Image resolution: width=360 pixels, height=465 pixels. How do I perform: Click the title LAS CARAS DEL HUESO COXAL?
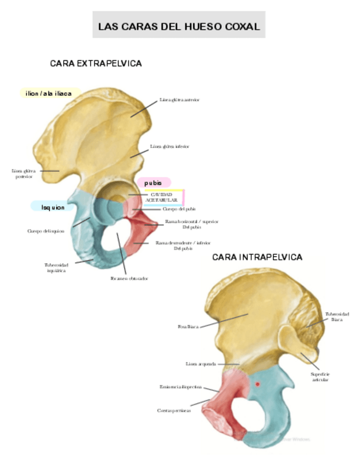click(x=178, y=26)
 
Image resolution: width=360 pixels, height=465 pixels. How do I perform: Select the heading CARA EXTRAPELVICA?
click(x=96, y=64)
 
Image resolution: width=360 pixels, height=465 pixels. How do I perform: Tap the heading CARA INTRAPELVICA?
click(x=257, y=257)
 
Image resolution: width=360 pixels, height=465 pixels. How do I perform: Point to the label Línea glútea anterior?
click(x=179, y=100)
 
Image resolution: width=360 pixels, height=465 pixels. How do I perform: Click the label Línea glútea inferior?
click(x=170, y=147)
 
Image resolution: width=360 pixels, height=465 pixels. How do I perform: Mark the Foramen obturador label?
click(x=130, y=279)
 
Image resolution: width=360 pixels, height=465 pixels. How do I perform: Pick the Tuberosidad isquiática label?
click(x=56, y=268)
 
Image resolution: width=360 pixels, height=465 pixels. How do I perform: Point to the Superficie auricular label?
click(x=320, y=376)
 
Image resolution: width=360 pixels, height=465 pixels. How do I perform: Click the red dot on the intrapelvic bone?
click(x=257, y=384)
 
